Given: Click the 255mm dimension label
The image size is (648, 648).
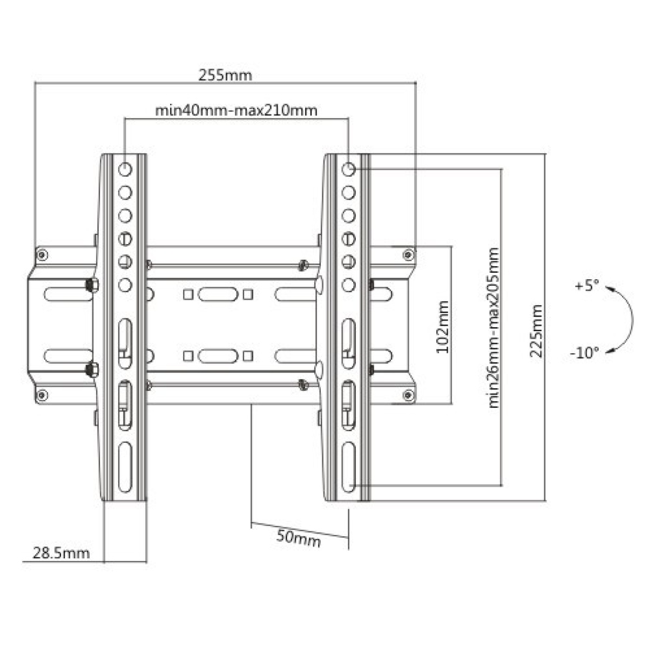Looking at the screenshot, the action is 225,75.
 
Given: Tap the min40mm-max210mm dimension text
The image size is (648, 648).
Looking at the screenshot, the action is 236,110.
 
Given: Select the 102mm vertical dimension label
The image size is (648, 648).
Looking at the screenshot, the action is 443,327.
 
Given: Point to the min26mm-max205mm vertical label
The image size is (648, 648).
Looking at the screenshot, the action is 493,328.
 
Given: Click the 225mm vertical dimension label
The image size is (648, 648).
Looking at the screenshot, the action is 536,331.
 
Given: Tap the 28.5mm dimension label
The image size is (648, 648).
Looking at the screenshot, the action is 61,553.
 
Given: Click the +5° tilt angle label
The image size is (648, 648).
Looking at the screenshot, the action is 587,287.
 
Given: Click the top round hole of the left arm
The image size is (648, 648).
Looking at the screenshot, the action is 125,169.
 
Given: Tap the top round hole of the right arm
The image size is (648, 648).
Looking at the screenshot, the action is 348,169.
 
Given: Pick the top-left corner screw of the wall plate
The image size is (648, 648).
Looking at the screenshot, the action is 42,254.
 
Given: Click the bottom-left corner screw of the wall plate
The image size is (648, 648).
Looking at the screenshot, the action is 42,394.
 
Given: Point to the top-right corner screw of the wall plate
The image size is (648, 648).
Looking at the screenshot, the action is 409,254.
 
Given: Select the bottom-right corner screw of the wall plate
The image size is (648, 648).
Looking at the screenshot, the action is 409,394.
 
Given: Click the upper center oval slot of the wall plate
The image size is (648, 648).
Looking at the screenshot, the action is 218,294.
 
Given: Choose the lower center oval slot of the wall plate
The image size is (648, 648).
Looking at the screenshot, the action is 218,356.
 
